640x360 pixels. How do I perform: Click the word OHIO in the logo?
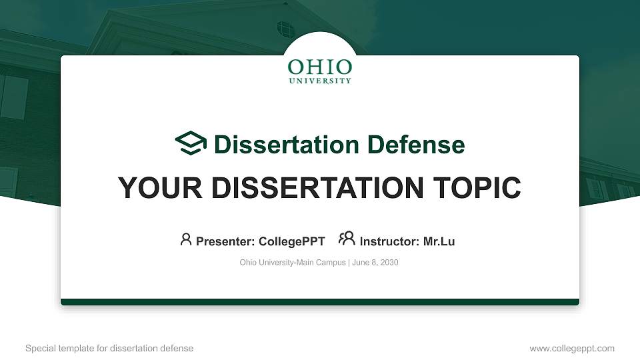[x=320, y=67]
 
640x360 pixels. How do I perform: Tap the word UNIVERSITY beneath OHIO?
[x=320, y=81]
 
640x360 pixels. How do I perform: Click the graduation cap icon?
[x=191, y=143]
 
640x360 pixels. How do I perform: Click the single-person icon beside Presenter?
[x=186, y=239]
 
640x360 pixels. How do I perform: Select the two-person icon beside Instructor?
[x=347, y=239]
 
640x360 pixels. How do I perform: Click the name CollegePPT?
[x=291, y=241]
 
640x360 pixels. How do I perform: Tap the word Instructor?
[x=390, y=241]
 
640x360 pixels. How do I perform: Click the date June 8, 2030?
[x=375, y=263]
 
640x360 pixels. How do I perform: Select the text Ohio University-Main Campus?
[x=293, y=263]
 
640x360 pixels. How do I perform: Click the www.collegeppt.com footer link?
[x=571, y=348]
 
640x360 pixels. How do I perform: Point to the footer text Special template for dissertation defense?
[x=109, y=348]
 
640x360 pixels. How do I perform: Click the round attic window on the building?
[x=285, y=29]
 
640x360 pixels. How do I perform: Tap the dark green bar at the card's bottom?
[x=320, y=302]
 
